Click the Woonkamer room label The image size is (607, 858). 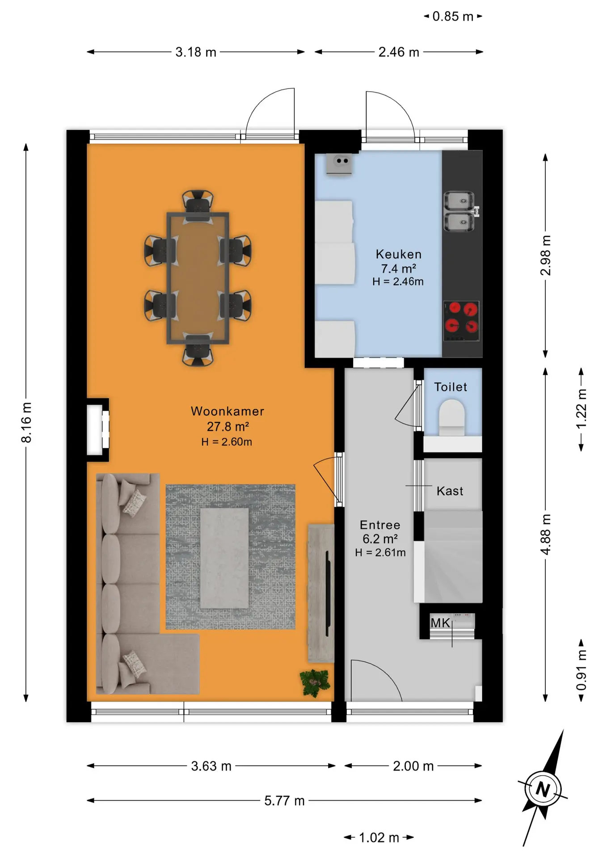click(228, 411)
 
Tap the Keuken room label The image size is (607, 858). click(399, 254)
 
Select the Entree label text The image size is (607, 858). click(380, 525)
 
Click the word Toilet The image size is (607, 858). click(451, 387)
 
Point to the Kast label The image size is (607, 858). click(450, 491)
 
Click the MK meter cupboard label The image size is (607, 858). click(440, 622)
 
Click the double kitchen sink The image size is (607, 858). click(459, 212)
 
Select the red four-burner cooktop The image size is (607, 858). click(461, 321)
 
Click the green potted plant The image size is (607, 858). click(316, 683)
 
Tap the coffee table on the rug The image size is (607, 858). click(224, 558)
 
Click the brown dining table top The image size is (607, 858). click(198, 278)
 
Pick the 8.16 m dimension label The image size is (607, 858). click(26, 422)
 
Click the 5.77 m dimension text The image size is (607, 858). click(284, 800)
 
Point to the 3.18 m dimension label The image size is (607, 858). click(196, 52)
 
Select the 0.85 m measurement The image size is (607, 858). click(453, 17)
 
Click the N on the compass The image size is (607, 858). click(543, 790)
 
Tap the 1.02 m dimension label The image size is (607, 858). click(379, 837)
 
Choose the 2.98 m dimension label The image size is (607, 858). click(546, 255)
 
